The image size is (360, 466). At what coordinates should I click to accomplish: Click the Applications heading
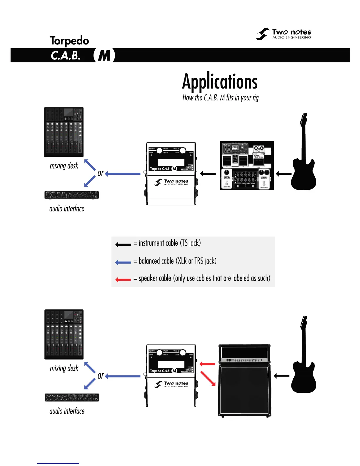pyautogui.click(x=220, y=81)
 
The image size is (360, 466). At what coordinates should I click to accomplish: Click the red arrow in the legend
pyautogui.click(x=123, y=279)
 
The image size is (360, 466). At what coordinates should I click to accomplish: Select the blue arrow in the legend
pyautogui.click(x=123, y=262)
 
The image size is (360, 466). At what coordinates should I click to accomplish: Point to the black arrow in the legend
pyautogui.click(x=123, y=244)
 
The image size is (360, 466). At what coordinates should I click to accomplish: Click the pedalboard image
pyautogui.click(x=247, y=166)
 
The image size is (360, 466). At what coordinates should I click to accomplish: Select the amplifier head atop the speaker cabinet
pyautogui.click(x=244, y=354)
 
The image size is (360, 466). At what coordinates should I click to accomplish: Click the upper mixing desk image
pyautogui.click(x=64, y=132)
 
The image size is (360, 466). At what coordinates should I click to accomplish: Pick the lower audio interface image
pyautogui.click(x=72, y=397)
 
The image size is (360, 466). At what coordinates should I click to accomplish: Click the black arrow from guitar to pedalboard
pyautogui.click(x=284, y=174)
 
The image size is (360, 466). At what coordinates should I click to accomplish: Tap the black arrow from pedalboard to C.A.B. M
pyautogui.click(x=208, y=174)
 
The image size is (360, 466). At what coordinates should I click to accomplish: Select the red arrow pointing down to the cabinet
pyautogui.click(x=208, y=378)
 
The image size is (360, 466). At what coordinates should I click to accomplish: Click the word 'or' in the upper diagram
pyautogui.click(x=101, y=173)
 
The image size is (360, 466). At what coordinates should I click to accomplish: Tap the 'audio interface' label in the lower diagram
pyautogui.click(x=67, y=411)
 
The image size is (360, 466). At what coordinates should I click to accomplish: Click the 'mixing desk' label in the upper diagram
pyautogui.click(x=64, y=166)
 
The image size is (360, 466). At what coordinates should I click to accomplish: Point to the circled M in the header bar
pyautogui.click(x=104, y=55)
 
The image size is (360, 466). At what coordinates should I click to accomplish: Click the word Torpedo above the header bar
pyautogui.click(x=69, y=41)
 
